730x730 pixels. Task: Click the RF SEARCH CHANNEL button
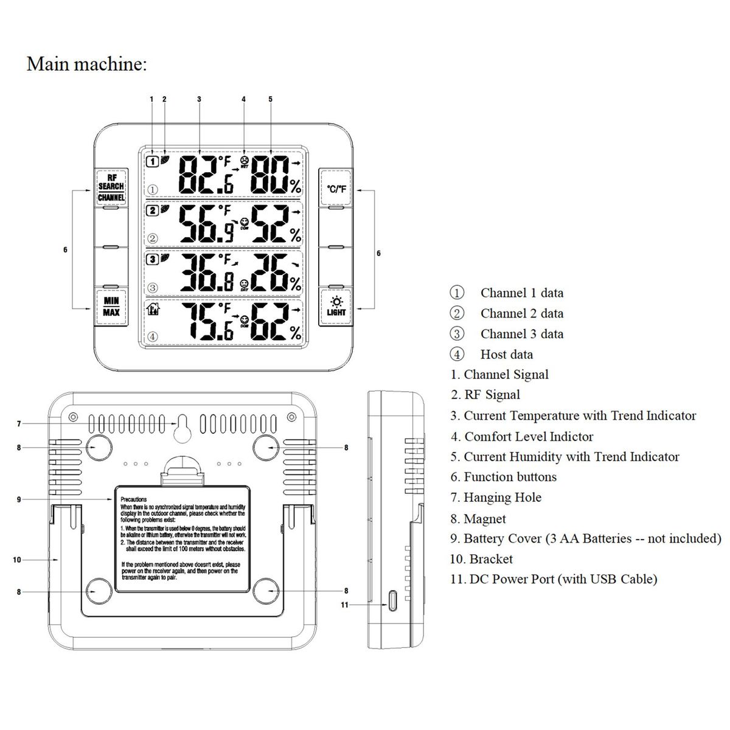click(x=111, y=187)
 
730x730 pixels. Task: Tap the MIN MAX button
click(x=111, y=307)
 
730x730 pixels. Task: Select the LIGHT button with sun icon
click(x=336, y=307)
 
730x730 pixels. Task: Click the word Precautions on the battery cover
click(x=133, y=499)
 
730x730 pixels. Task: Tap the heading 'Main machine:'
click(x=86, y=64)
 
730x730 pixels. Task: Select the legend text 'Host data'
click(x=506, y=354)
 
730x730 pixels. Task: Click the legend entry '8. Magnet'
click(x=478, y=518)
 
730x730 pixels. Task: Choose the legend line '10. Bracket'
click(x=481, y=558)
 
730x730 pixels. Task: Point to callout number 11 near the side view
click(x=345, y=605)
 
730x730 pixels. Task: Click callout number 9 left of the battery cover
click(x=19, y=499)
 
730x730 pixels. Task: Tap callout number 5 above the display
click(x=270, y=99)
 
